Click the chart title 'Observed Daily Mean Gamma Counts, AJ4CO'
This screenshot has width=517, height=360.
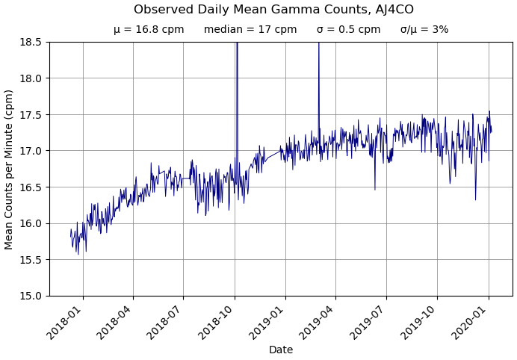[x=273, y=10]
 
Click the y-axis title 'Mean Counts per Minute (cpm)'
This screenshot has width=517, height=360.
[x=10, y=169]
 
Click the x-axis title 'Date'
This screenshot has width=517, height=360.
[x=281, y=350]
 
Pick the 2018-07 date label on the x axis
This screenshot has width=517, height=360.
[x=167, y=320]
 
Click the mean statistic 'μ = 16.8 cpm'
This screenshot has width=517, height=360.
[x=149, y=30]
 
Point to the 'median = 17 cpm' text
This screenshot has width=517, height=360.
[x=250, y=30]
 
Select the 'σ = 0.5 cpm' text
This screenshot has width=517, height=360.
[x=348, y=30]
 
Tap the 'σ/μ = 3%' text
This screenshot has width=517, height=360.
[x=424, y=30]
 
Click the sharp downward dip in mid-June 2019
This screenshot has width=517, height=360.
[x=375, y=187]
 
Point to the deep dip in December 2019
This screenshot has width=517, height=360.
[x=475, y=198]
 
